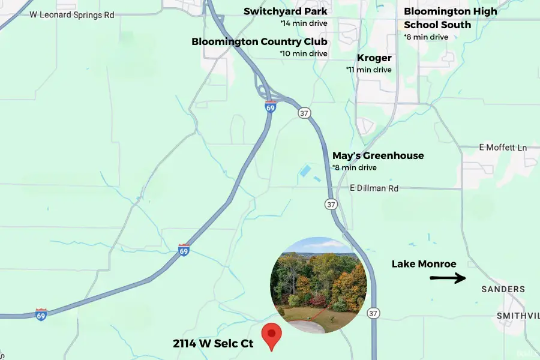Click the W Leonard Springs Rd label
[x=71, y=14]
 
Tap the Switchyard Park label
[x=285, y=11]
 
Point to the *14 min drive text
[x=304, y=23]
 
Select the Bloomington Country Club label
[x=259, y=42]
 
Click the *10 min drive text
[x=304, y=53]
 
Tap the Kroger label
[x=374, y=58]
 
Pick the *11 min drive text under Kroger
[x=369, y=70]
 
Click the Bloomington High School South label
[x=450, y=18]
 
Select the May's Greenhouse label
[x=378, y=156]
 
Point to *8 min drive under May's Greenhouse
[x=355, y=167]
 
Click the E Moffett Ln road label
[x=503, y=148]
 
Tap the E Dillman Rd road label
[x=374, y=188]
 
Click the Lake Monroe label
[x=424, y=264]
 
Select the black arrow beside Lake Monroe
[x=448, y=278]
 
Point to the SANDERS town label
[x=503, y=289]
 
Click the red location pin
[x=272, y=336]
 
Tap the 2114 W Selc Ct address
[x=213, y=344]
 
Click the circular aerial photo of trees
[x=318, y=285]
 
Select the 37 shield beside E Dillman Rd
[x=331, y=205]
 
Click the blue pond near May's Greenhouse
[x=305, y=171]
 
